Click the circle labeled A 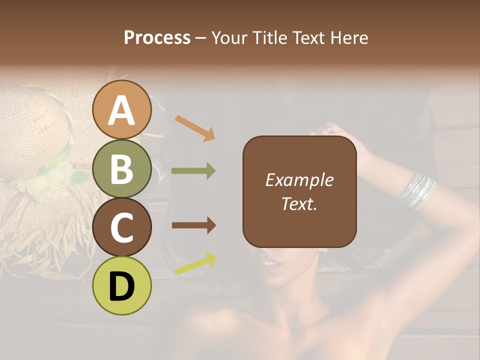(122, 110)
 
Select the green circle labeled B (122, 169)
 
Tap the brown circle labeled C (122, 227)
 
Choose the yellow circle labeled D (122, 285)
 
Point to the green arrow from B (193, 171)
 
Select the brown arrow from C (193, 225)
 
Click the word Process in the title (157, 38)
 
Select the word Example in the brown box (299, 180)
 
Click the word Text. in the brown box (299, 203)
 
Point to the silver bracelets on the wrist (417, 191)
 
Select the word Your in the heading (229, 38)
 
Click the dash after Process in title (201, 38)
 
